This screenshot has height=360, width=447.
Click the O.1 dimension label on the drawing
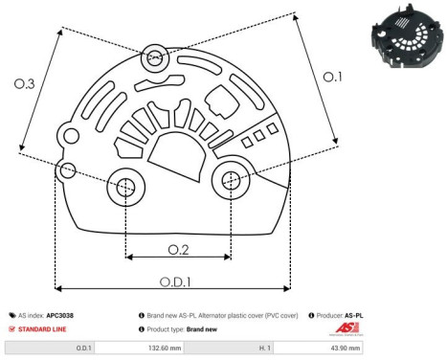pos(330,76)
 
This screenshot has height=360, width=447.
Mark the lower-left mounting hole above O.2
pos(125,189)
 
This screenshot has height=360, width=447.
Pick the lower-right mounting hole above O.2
pos(231,179)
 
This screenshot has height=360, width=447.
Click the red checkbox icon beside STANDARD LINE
pos(12,328)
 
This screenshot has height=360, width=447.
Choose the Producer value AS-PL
pos(354,315)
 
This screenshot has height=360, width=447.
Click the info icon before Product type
pos(143,328)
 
